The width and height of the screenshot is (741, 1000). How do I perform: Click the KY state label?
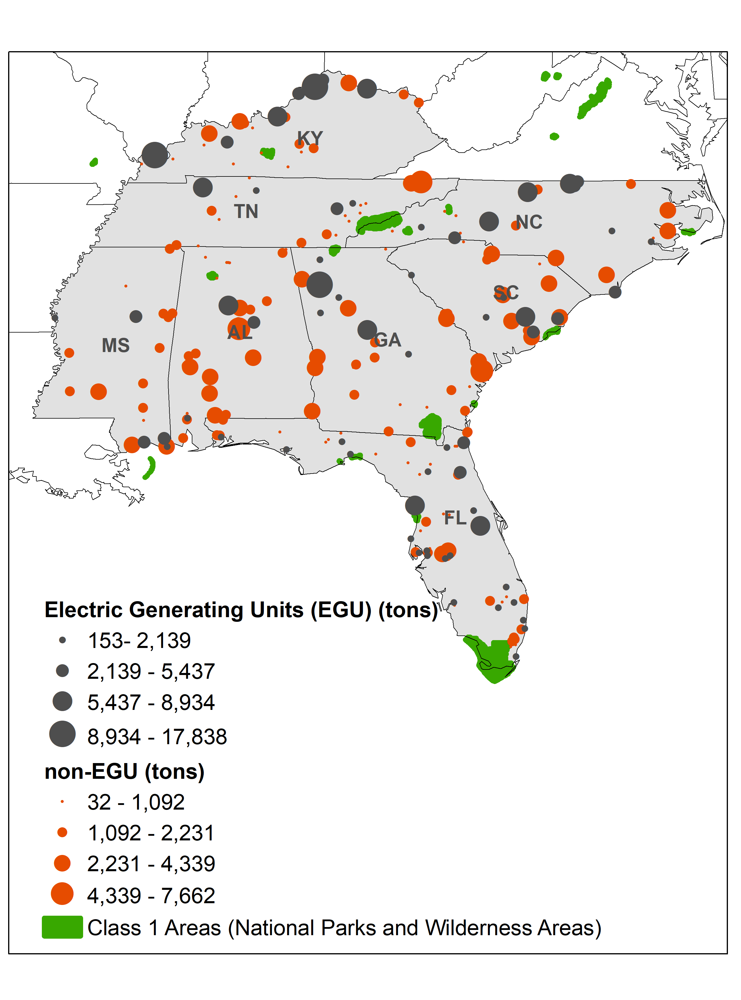[x=310, y=138]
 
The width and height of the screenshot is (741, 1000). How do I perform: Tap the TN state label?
[x=246, y=211]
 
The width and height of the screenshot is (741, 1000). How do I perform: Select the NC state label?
[x=529, y=222]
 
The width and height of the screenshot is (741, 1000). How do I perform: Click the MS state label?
[x=116, y=345]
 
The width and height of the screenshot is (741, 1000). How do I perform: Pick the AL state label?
[x=240, y=333]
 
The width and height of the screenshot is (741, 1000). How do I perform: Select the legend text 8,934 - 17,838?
[x=157, y=737]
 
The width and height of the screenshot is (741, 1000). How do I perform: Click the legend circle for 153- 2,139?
[x=62, y=640]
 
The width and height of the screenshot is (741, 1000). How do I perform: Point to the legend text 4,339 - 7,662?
[x=151, y=895]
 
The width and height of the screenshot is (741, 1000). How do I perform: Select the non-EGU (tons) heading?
[x=124, y=772]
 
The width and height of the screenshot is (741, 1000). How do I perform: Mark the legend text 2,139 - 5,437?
[x=151, y=672]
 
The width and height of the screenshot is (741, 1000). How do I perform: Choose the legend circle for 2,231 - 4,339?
[x=62, y=863]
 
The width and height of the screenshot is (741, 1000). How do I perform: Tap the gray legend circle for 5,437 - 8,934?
[x=62, y=701]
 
